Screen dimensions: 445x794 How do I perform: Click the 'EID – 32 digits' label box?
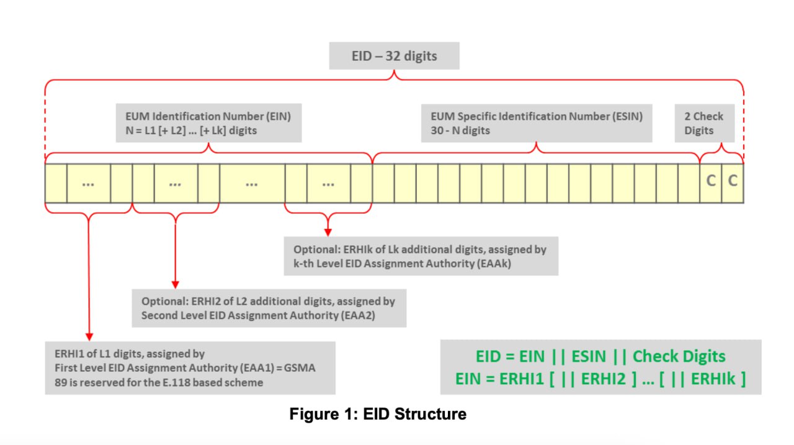click(x=394, y=56)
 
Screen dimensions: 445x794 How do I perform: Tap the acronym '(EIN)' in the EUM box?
click(x=277, y=116)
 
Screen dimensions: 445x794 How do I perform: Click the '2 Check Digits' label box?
click(x=704, y=123)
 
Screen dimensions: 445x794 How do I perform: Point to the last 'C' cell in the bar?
click(x=733, y=181)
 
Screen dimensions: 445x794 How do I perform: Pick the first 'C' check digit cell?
click(x=711, y=181)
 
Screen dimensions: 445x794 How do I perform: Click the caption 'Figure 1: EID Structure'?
click(x=378, y=414)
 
